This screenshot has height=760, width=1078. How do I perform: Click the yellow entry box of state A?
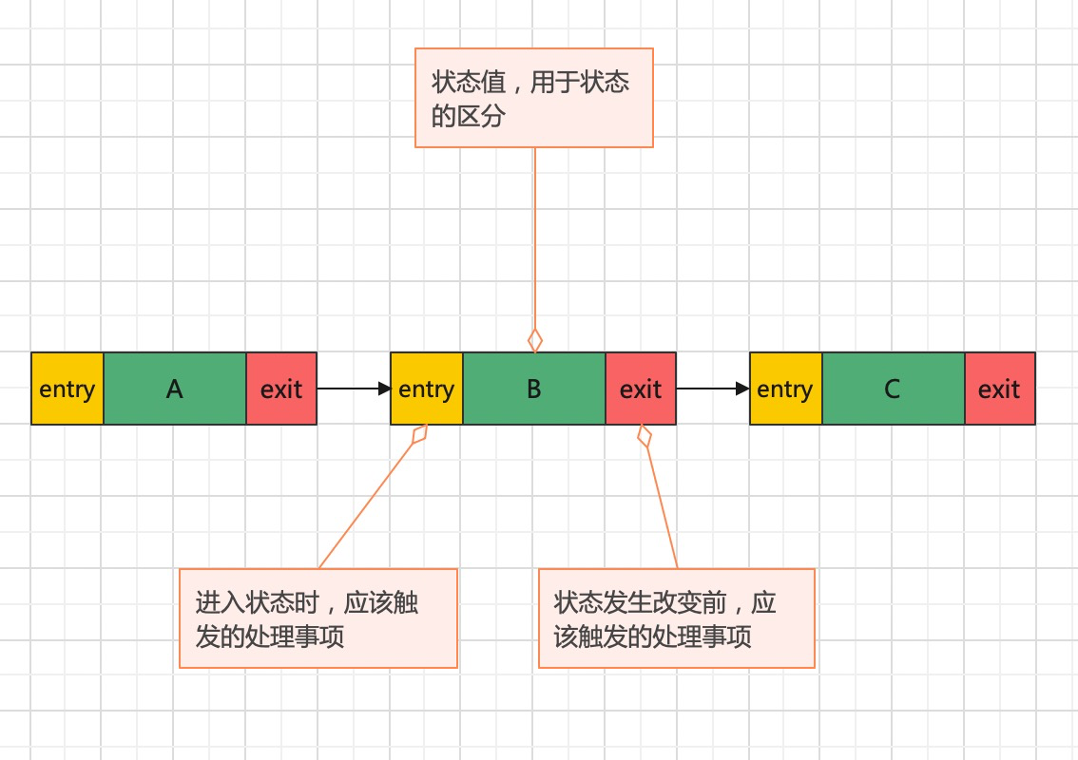pyautogui.click(x=67, y=389)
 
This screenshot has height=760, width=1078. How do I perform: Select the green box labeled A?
pyautogui.click(x=175, y=389)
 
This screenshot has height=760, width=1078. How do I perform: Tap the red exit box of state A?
pyautogui.click(x=281, y=389)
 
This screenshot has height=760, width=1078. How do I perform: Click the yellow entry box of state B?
pyautogui.click(x=427, y=389)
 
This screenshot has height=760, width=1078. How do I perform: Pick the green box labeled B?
pyautogui.click(x=534, y=389)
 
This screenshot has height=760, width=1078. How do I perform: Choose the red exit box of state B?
pyautogui.click(x=641, y=389)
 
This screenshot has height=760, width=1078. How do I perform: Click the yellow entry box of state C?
pyautogui.click(x=785, y=389)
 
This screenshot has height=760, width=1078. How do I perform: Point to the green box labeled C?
pyautogui.click(x=893, y=389)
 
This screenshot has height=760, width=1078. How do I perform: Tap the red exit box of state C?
pyautogui.click(x=999, y=389)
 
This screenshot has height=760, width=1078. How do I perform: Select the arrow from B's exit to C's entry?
pyautogui.click(x=711, y=389)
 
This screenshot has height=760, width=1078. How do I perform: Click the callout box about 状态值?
pyautogui.click(x=534, y=98)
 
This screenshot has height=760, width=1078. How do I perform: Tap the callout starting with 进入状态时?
pyautogui.click(x=318, y=618)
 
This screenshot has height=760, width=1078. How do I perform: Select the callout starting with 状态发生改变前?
pyautogui.click(x=677, y=618)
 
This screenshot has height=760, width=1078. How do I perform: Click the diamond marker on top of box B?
pyautogui.click(x=535, y=339)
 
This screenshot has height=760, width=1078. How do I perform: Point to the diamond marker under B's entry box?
pyautogui.click(x=419, y=434)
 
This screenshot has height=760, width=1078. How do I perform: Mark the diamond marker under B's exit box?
pyautogui.click(x=645, y=436)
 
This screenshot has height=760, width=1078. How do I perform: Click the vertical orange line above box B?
pyautogui.click(x=535, y=237)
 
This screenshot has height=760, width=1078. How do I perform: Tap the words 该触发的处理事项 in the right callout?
pyautogui.click(x=652, y=636)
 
